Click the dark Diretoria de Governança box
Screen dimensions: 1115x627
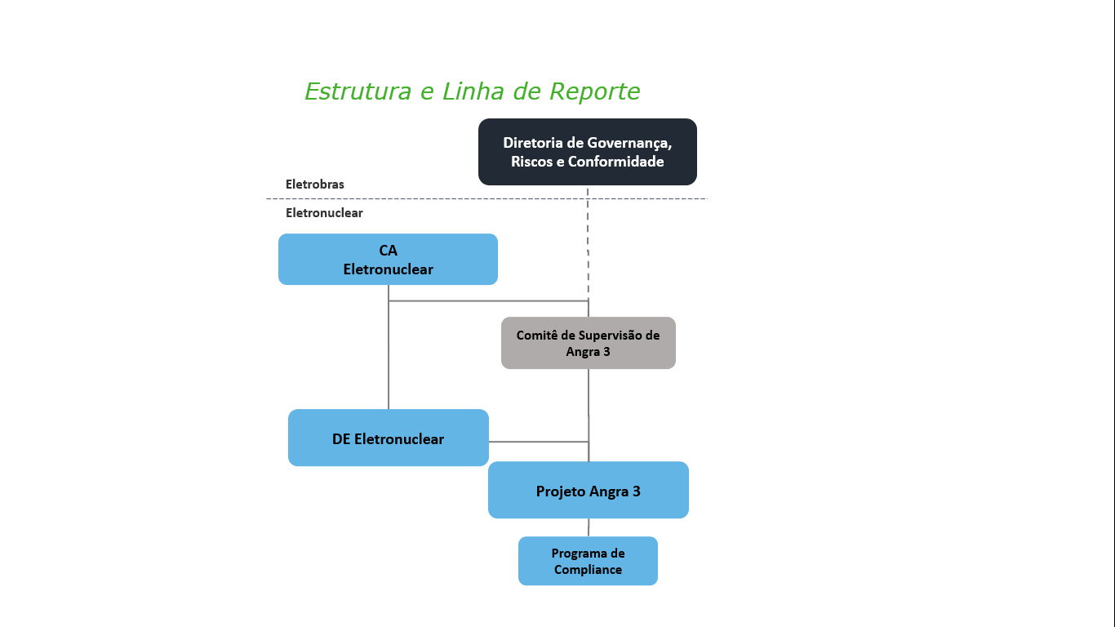(x=588, y=152)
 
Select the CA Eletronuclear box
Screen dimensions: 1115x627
(x=388, y=259)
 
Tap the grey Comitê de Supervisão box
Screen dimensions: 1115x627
(x=589, y=343)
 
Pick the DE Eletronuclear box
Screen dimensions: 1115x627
(x=389, y=438)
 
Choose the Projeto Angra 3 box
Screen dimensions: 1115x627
(x=589, y=490)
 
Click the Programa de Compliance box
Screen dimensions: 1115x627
(x=588, y=561)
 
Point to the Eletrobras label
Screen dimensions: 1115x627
(x=314, y=185)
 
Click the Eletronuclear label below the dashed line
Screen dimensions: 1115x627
(x=324, y=213)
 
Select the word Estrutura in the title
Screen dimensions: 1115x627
(x=358, y=91)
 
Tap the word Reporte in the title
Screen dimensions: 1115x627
(x=594, y=92)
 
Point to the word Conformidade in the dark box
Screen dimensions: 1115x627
(x=615, y=162)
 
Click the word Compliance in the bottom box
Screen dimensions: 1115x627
(x=588, y=570)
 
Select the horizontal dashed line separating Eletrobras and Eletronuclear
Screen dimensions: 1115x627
(x=486, y=198)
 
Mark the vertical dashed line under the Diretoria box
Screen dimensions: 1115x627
(x=588, y=244)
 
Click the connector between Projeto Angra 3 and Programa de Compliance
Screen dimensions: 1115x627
(x=589, y=527)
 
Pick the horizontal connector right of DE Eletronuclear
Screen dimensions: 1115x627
(x=539, y=442)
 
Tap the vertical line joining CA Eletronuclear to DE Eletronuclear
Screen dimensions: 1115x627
(x=389, y=347)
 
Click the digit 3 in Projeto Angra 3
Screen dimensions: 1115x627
(x=636, y=491)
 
